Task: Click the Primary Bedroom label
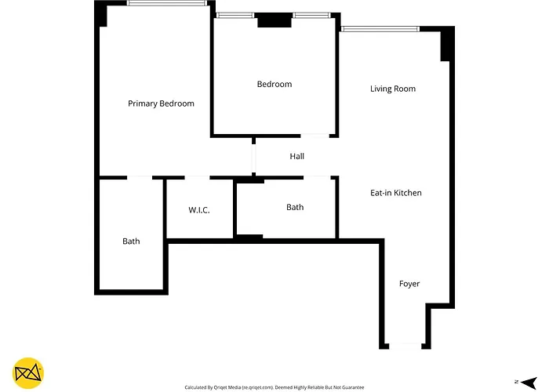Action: [161, 103]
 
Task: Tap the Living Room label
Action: [393, 89]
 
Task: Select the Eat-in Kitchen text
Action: [396, 193]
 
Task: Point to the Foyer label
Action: [409, 284]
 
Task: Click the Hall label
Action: [297, 157]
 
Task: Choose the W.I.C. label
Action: [199, 210]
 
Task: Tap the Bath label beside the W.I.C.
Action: [131, 241]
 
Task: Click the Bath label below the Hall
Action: [295, 207]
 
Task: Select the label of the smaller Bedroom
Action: [274, 84]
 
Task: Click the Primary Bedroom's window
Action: [167, 3]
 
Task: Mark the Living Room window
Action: [380, 29]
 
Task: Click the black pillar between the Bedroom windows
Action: [274, 20]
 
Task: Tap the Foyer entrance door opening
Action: [405, 347]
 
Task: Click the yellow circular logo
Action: [28, 373]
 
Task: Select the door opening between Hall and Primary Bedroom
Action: [253, 158]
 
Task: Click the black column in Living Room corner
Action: [445, 44]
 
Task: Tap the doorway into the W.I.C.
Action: [197, 178]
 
